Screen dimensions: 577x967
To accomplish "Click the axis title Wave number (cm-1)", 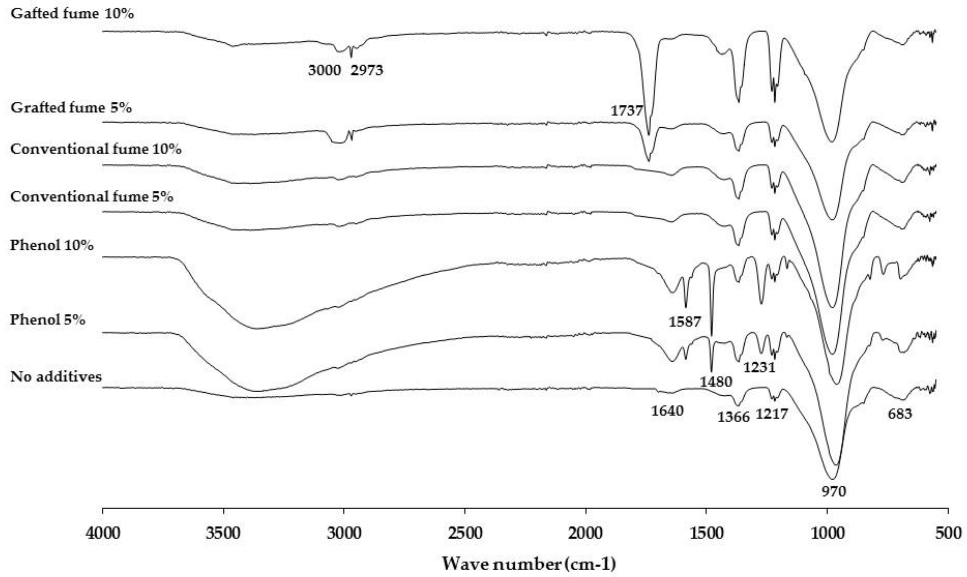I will [529, 563].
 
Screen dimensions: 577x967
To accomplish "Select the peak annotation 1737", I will [627, 111].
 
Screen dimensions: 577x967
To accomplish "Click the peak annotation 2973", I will [367, 70].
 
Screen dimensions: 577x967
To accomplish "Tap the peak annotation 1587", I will [685, 322].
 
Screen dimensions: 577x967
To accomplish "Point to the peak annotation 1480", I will [716, 382].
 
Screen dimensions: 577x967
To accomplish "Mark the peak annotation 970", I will [834, 491].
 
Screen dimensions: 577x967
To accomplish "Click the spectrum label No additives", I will [56, 376].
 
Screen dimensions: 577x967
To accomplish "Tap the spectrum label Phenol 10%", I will [52, 245].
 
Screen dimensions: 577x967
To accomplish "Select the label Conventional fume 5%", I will [92, 196].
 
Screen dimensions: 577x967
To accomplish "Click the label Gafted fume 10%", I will [72, 14].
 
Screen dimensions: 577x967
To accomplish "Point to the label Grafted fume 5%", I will [71, 107].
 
